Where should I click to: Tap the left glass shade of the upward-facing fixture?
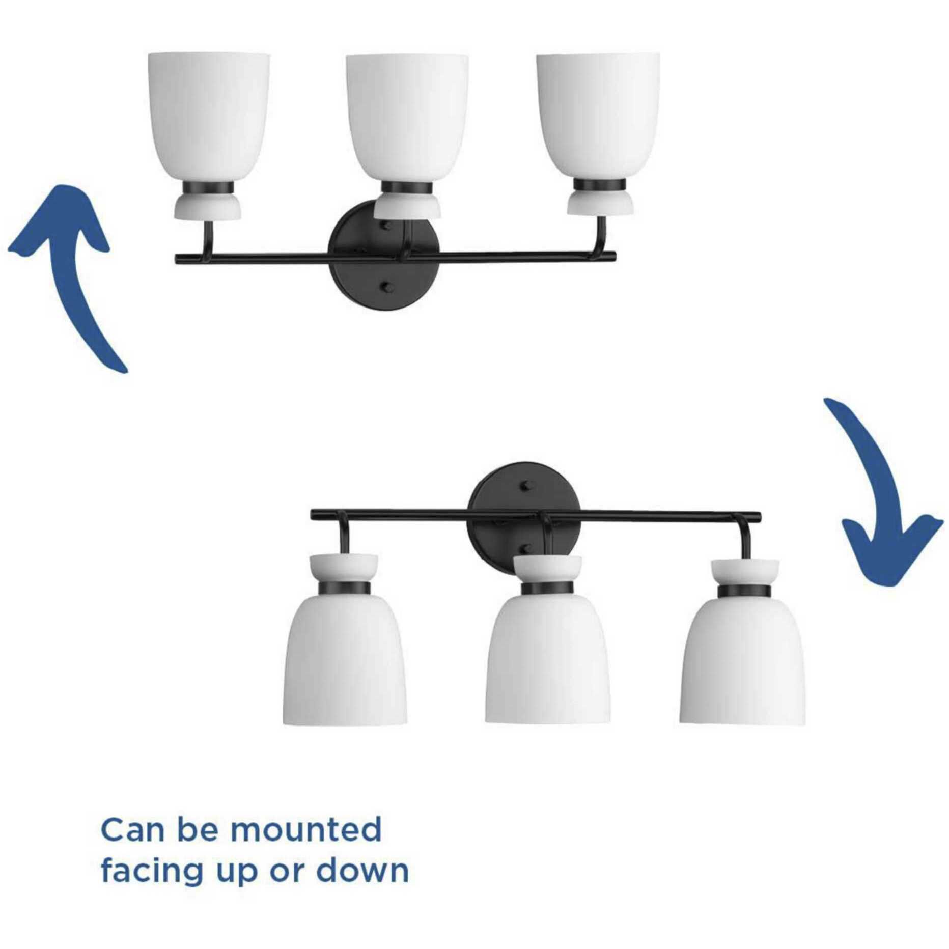pos(208,117)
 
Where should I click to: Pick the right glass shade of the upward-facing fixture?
pos(598,117)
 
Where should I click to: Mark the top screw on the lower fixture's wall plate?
pos(526,488)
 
